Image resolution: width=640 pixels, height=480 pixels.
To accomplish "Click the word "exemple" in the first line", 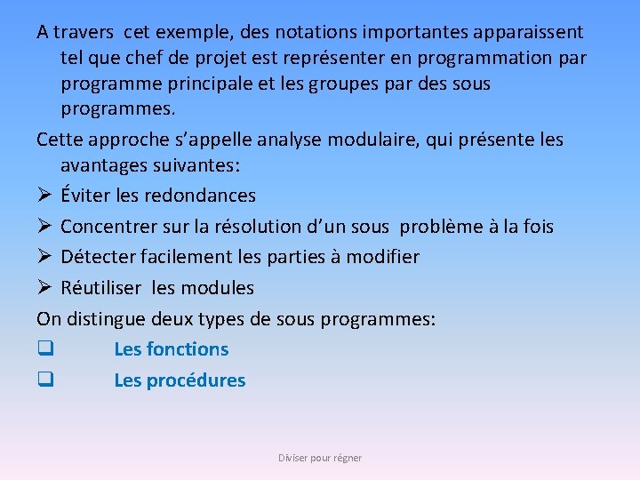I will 189,33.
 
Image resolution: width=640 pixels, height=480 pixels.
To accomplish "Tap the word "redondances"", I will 199,196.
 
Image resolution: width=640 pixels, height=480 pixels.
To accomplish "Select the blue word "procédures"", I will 196,380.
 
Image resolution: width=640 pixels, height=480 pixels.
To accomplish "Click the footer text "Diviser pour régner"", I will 320,458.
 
